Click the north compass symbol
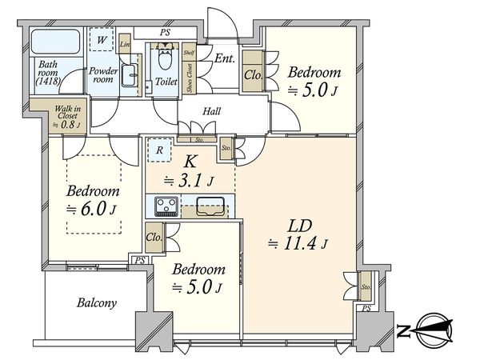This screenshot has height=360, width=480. [x=428, y=327]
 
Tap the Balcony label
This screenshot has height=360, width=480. [x=98, y=303]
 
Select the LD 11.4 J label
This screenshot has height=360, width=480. [x=297, y=234]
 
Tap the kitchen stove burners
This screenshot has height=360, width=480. [x=166, y=206]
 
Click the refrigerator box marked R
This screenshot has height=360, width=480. [x=160, y=150]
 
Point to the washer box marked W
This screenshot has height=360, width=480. [x=102, y=39]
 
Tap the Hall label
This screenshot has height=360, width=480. [x=212, y=111]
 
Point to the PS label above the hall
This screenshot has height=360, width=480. [x=165, y=33]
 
